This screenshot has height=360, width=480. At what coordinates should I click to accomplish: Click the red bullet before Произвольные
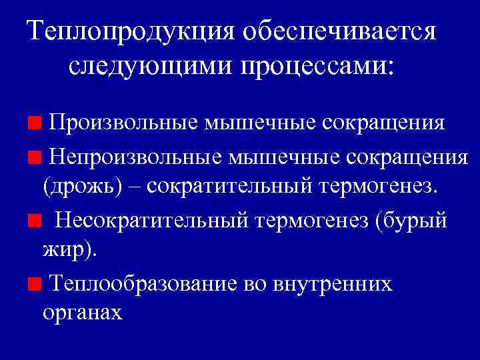[x=33, y=123]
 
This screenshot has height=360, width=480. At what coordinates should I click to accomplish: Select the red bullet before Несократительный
[x=33, y=219]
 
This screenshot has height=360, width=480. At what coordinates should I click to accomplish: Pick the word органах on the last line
[x=83, y=313]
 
